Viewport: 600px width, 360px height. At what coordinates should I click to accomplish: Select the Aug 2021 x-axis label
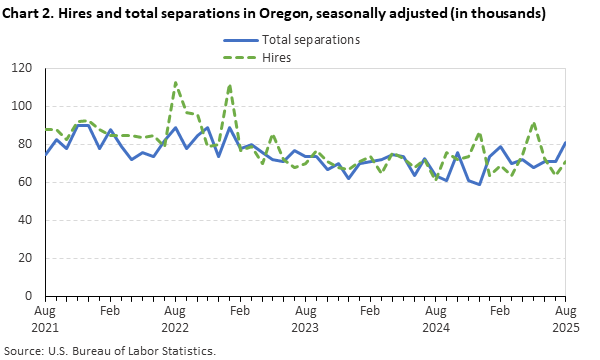click(46, 319)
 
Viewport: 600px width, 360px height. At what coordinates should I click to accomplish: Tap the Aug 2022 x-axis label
click(176, 319)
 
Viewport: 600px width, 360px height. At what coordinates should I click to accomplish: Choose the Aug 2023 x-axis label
click(306, 319)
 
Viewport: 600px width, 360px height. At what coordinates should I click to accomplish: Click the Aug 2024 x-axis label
click(436, 319)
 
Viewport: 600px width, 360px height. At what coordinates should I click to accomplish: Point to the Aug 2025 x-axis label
click(566, 319)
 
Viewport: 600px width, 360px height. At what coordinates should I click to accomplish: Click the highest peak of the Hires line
click(176, 83)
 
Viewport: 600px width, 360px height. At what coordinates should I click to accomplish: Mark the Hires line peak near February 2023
click(230, 86)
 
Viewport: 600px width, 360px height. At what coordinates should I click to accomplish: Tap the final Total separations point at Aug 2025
click(566, 143)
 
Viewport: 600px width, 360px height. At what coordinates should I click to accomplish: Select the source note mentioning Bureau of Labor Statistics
click(111, 351)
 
